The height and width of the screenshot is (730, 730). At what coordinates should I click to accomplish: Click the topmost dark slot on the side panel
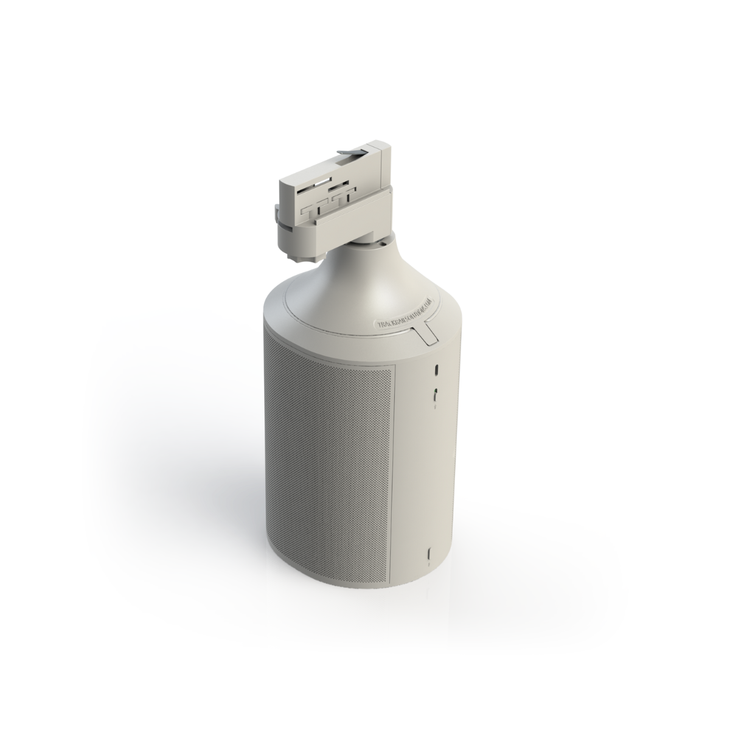[436, 371]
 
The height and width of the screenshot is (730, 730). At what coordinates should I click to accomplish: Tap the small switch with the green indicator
[436, 394]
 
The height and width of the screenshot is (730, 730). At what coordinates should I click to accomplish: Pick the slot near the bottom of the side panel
[429, 554]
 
